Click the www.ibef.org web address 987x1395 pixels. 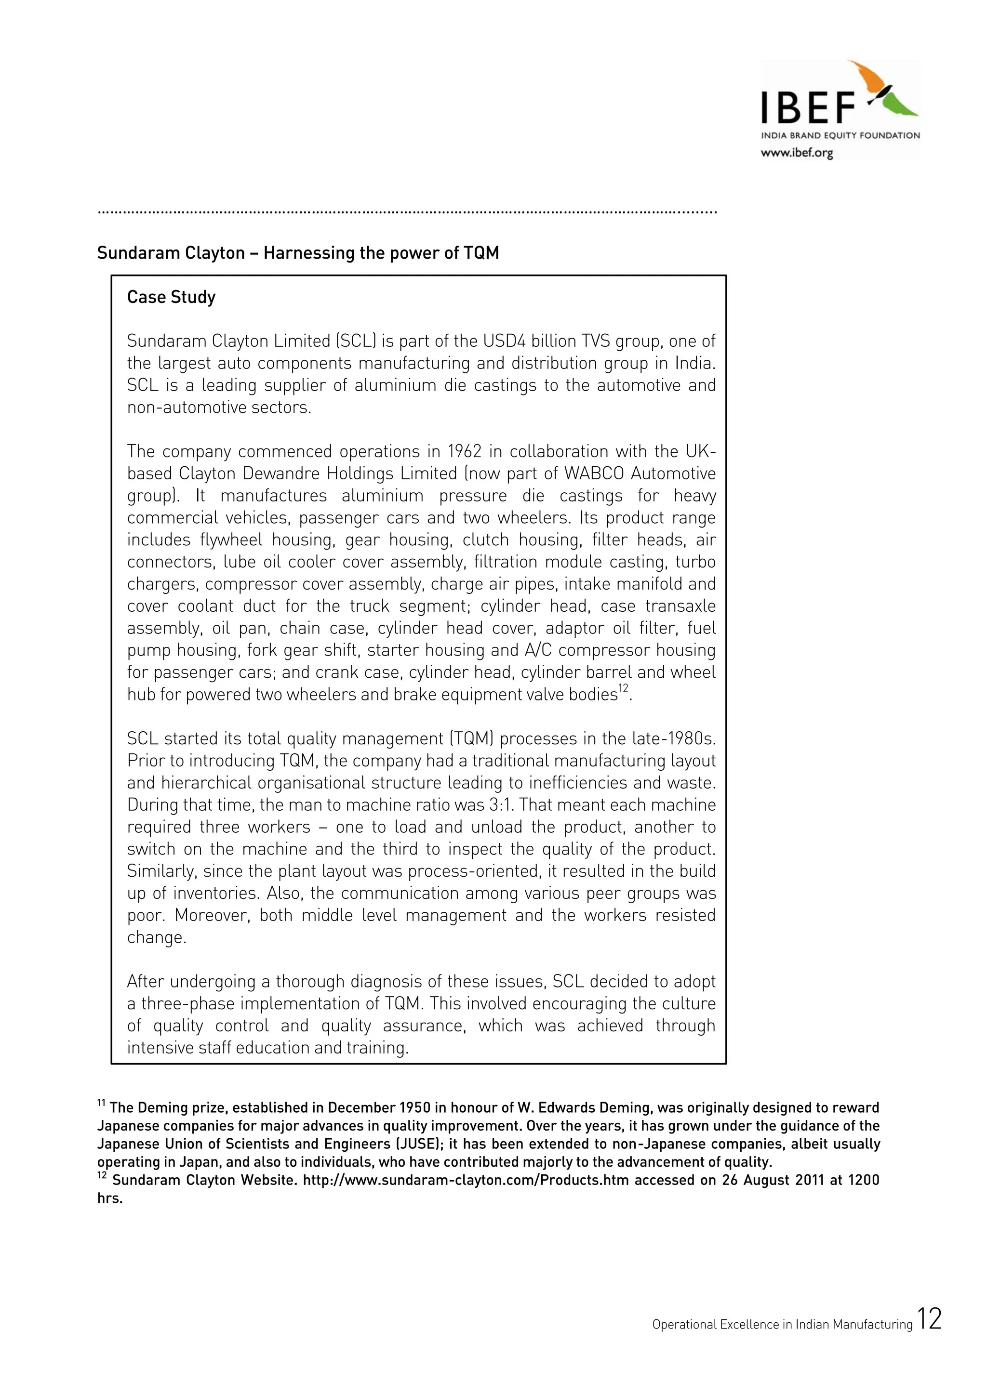796,153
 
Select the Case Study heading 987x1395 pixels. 172,297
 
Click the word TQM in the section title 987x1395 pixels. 481,253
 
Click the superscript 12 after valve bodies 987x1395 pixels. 624,689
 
